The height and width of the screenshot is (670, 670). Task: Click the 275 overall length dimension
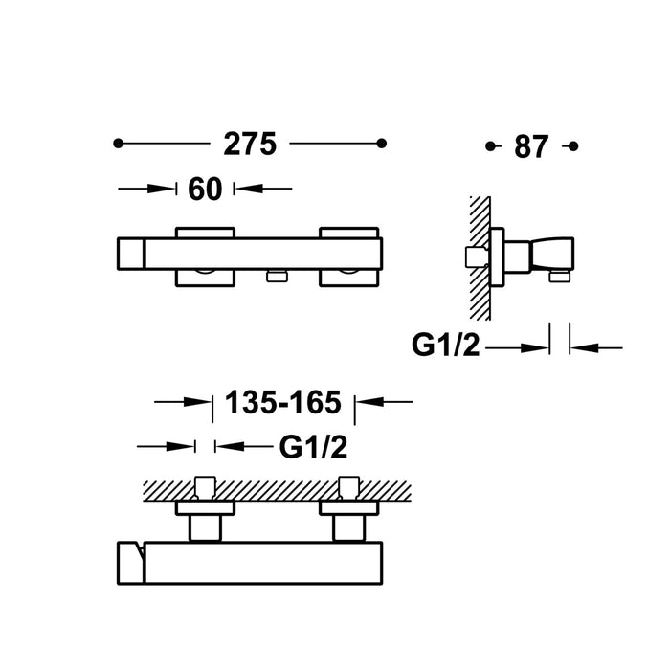coord(250,144)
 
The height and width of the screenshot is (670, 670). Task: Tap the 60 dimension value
coord(205,190)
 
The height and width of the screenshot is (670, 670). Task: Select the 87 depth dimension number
coord(530,146)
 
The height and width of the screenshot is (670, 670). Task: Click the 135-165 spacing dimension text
coord(282,403)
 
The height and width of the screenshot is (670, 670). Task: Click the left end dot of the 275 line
coord(119,144)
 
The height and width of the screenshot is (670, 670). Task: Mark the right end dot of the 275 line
coord(382,144)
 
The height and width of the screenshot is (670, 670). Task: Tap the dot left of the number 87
coord(491,146)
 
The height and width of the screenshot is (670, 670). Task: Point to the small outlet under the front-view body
coord(277,277)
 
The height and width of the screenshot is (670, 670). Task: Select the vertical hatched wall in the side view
coord(480,258)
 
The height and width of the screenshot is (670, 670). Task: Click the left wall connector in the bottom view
coord(206,507)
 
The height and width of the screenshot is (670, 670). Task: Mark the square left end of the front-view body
coord(130,256)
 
